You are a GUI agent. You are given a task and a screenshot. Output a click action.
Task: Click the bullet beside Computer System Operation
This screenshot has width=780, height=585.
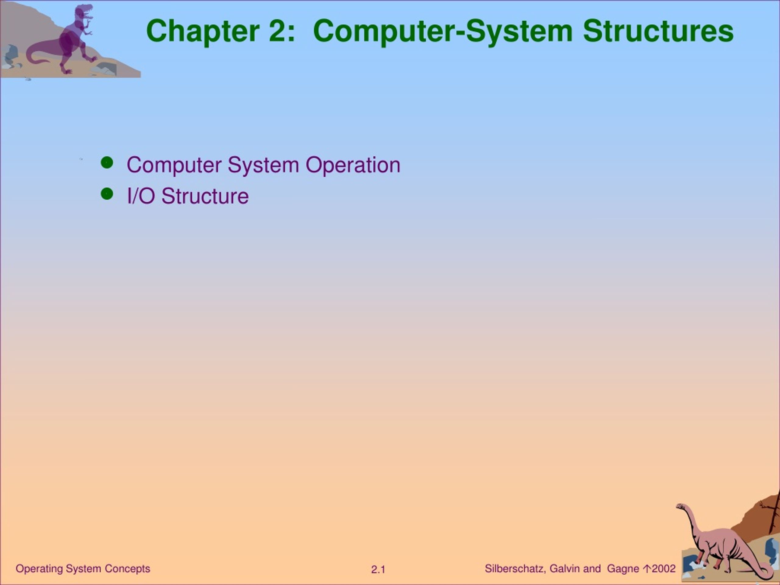[x=107, y=163]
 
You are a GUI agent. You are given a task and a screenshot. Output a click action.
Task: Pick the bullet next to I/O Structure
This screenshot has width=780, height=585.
[x=107, y=193]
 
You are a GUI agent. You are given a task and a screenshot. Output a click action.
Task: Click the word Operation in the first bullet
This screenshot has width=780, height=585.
[x=353, y=165]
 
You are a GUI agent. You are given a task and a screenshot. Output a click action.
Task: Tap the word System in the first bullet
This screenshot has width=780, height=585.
[x=263, y=165]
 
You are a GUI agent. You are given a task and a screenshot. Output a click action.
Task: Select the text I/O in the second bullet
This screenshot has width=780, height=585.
[x=141, y=196]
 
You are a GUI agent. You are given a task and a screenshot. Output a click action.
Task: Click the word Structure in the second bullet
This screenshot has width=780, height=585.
[x=205, y=196]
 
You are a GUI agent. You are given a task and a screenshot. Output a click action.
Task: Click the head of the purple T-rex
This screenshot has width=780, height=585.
[x=85, y=12]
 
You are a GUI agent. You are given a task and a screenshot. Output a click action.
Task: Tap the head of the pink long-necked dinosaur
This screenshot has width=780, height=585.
[x=681, y=507]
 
